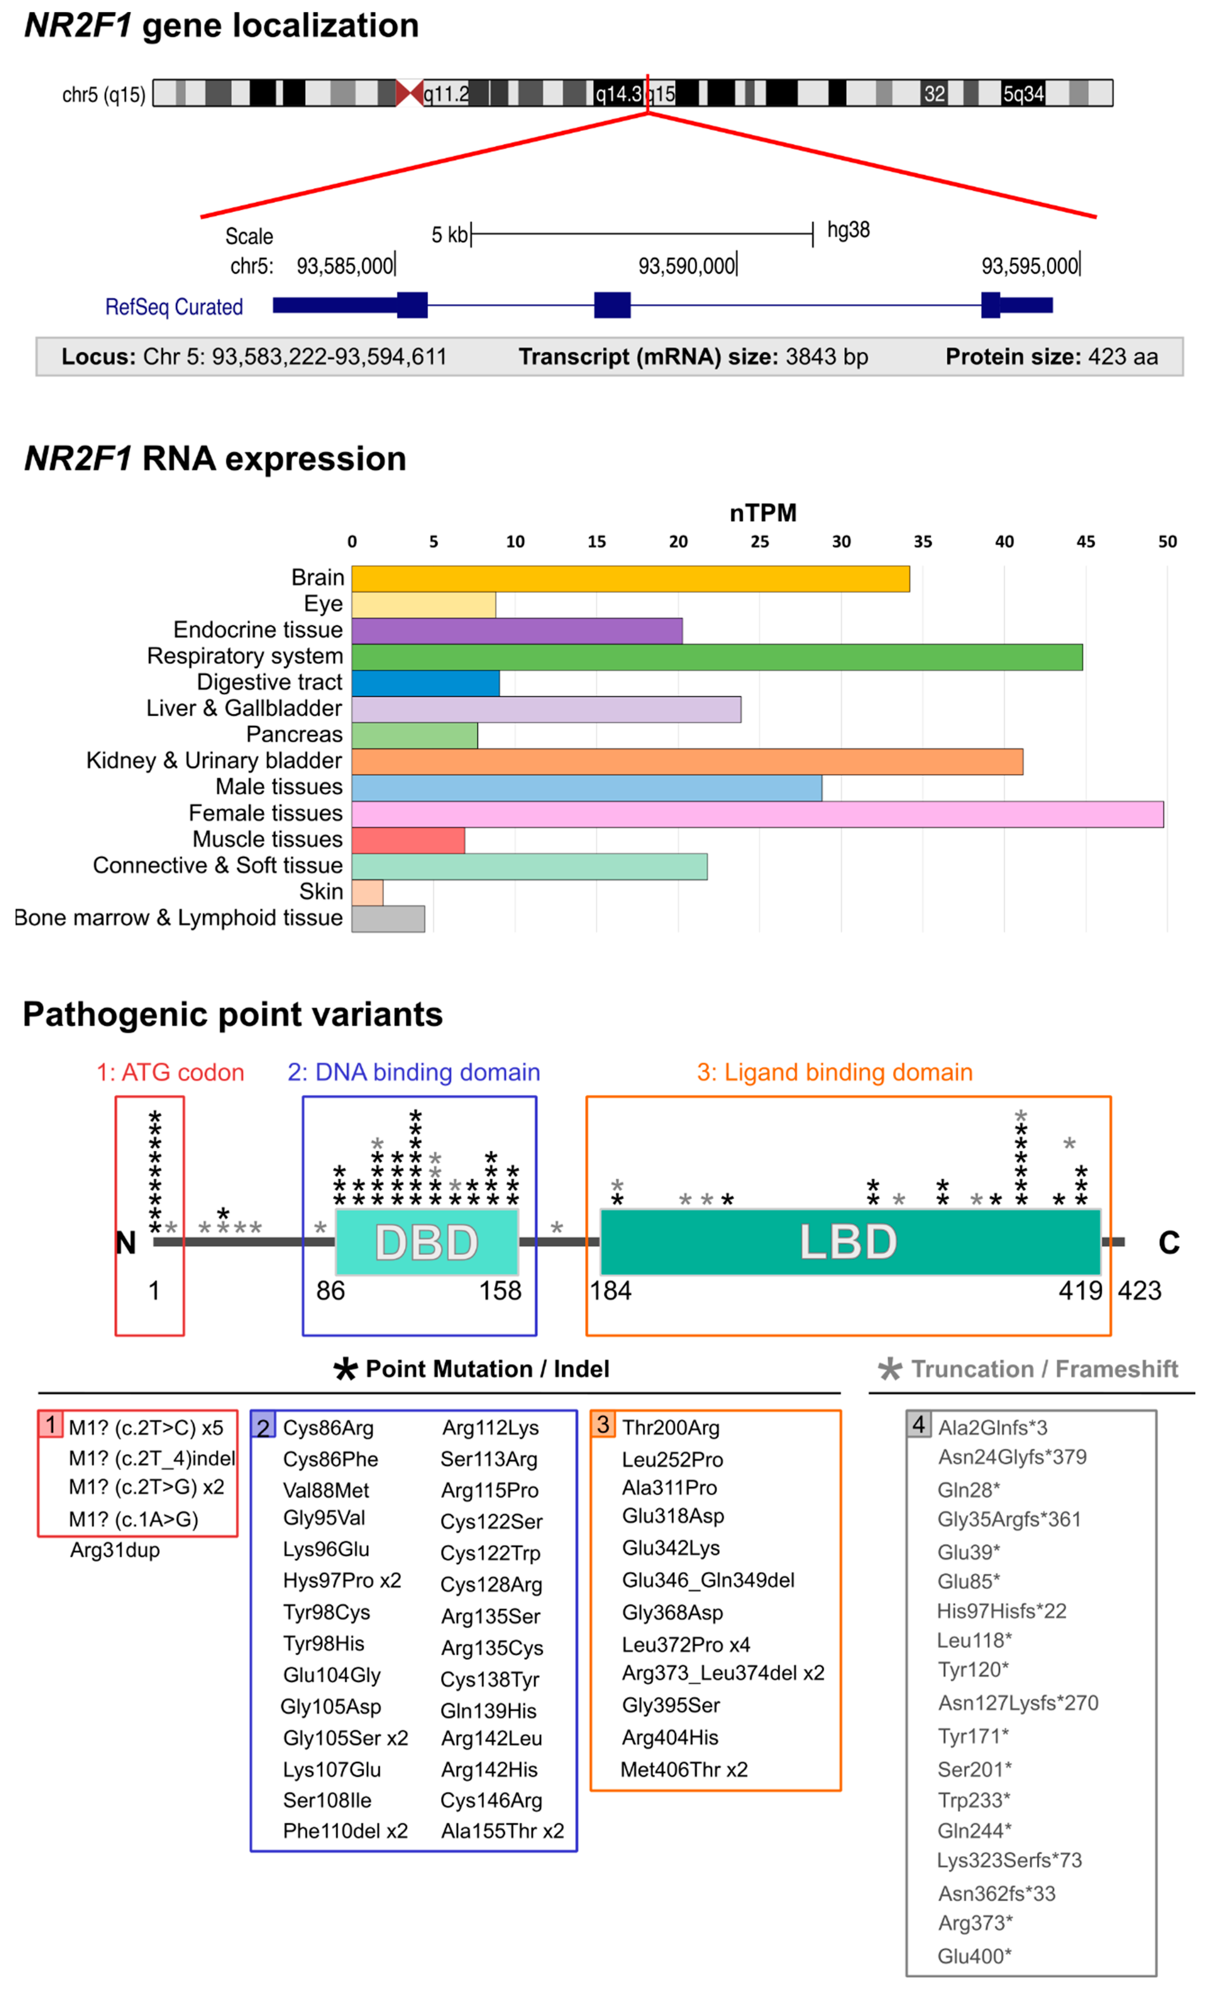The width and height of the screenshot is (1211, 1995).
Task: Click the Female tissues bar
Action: pyautogui.click(x=757, y=814)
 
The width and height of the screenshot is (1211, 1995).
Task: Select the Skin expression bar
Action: pyautogui.click(x=367, y=892)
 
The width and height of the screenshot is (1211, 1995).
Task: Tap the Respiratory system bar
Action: pyautogui.click(x=716, y=657)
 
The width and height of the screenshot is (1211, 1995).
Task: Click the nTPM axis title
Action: pyautogui.click(x=762, y=513)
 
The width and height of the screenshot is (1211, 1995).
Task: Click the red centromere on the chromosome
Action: pyautogui.click(x=409, y=93)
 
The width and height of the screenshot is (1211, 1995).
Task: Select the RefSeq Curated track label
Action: pyautogui.click(x=174, y=307)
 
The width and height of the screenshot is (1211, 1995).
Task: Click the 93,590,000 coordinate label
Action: pyautogui.click(x=686, y=266)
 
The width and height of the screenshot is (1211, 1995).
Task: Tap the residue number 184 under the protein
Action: pyautogui.click(x=610, y=1290)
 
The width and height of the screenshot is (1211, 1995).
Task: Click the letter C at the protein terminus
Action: pyautogui.click(x=1168, y=1242)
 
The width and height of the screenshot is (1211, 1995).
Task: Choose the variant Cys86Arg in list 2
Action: pyautogui.click(x=328, y=1427)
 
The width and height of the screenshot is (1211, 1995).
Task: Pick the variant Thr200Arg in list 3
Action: pyautogui.click(x=670, y=1427)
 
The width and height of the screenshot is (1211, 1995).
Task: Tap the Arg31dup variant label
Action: pyautogui.click(x=115, y=1550)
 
